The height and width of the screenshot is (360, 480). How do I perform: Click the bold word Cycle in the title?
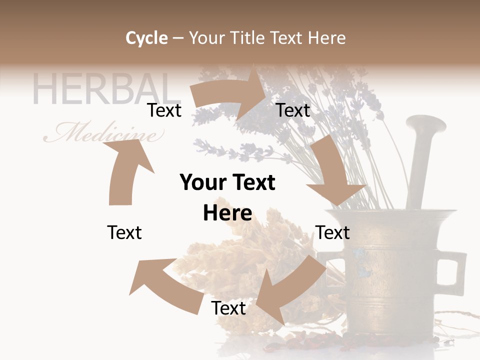(146, 38)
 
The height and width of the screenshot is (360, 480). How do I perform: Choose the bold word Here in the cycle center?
(227, 213)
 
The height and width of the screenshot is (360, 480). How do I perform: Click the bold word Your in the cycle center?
(201, 182)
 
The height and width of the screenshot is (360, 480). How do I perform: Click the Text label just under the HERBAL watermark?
(164, 110)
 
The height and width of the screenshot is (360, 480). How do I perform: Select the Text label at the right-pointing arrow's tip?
(293, 110)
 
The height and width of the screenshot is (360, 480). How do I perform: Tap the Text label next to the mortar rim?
(332, 232)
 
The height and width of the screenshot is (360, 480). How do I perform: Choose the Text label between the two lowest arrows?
(228, 308)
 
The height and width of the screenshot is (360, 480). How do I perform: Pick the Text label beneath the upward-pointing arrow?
(124, 232)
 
